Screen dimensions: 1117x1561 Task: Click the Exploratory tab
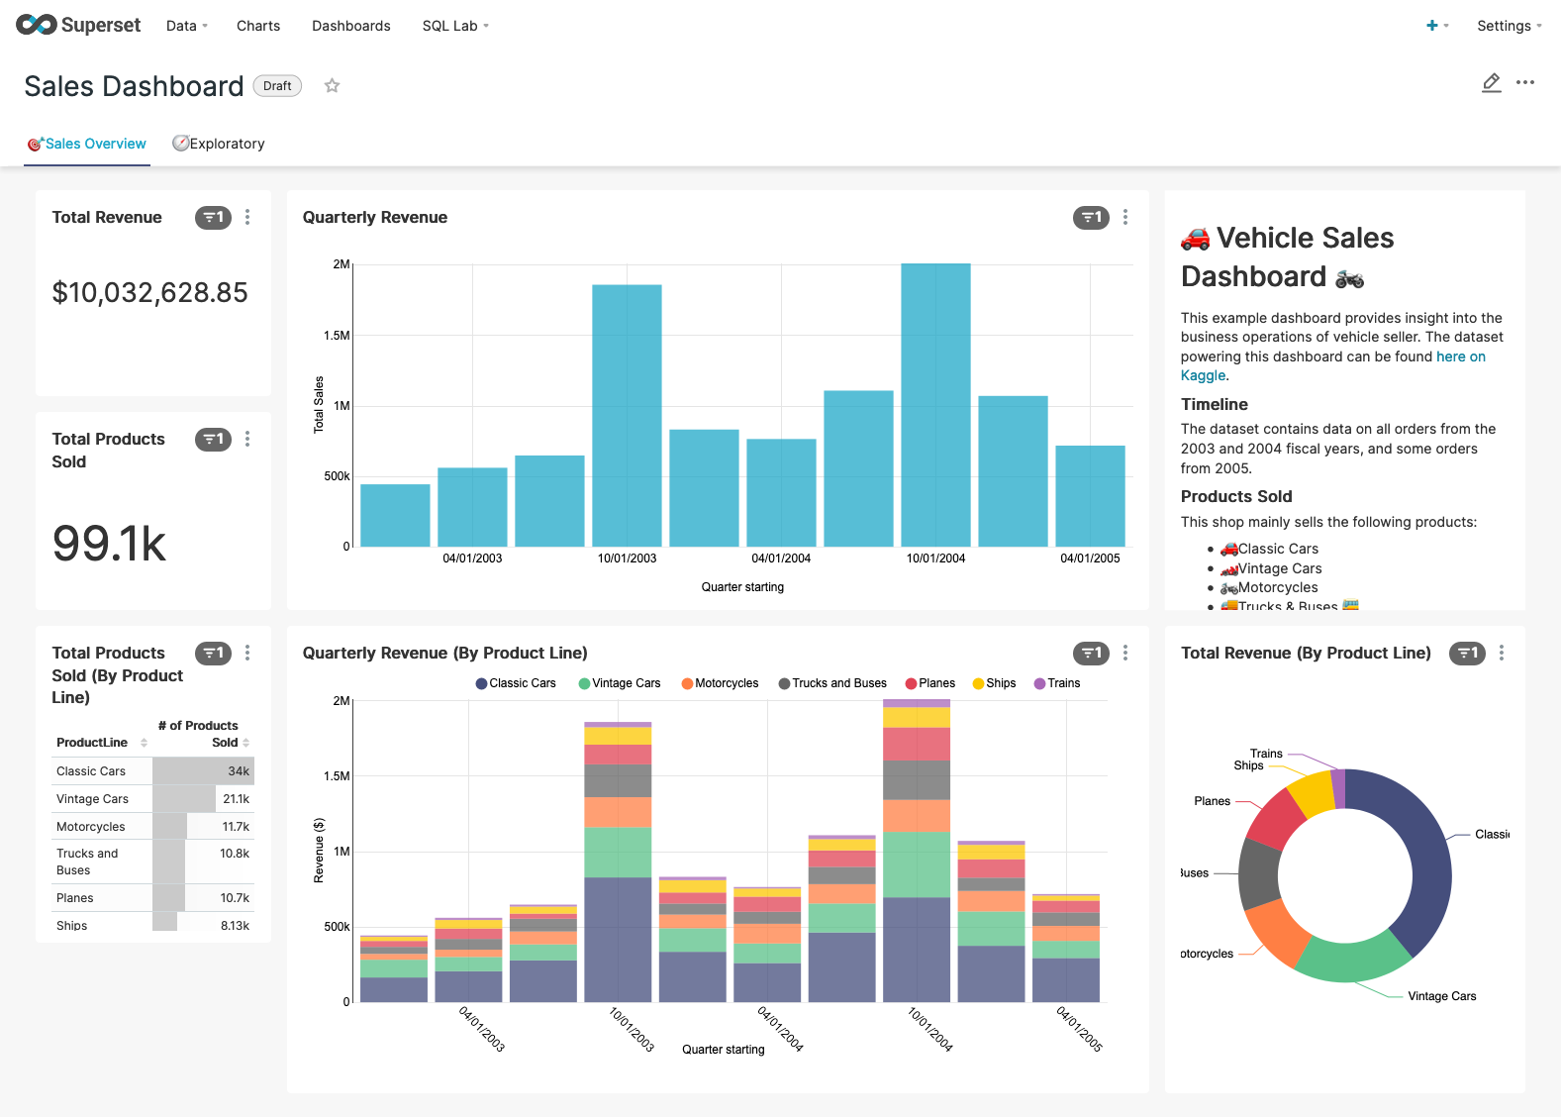pos(219,144)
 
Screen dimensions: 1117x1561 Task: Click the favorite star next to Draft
pos(333,86)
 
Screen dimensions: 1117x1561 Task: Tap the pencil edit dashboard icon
pos(1491,83)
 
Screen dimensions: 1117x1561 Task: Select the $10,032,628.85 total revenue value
pos(149,292)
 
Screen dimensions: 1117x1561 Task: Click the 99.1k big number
pos(109,543)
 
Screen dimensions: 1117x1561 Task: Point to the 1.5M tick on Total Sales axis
pos(337,336)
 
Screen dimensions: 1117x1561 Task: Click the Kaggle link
pos(1203,375)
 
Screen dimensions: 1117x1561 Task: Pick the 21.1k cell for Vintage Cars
pos(236,799)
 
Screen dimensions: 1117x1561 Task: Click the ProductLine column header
pos(92,743)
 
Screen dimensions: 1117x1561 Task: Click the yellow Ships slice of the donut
pos(1312,793)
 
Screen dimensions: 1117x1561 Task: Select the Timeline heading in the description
pos(1214,404)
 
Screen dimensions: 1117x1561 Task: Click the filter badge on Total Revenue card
pos(213,218)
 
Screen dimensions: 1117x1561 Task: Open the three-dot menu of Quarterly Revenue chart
pos(1125,218)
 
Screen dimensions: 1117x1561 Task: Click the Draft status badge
pos(277,86)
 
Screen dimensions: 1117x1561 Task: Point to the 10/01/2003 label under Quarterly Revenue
pos(627,558)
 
